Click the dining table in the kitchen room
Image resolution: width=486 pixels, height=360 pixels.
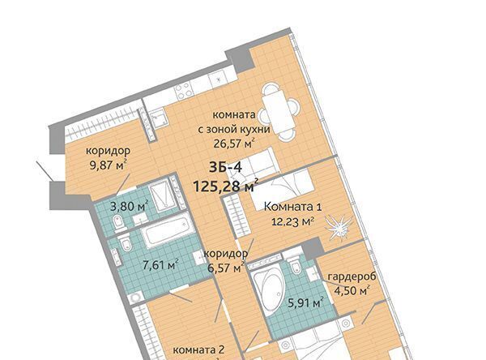278,111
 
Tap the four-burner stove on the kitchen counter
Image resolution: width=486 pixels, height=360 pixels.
184,92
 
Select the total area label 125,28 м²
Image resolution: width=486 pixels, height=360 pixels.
226,186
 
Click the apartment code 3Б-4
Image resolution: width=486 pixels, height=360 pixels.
225,168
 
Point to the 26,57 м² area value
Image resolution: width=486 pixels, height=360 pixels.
234,143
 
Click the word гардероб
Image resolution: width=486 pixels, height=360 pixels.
352,276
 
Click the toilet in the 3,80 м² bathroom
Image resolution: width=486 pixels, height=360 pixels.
119,223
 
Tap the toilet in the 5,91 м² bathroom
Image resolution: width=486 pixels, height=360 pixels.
295,265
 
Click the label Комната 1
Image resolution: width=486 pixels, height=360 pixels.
292,207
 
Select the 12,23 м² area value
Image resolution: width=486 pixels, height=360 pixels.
293,221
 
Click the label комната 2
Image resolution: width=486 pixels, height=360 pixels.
198,350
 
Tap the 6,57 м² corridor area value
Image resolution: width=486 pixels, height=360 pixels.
225,268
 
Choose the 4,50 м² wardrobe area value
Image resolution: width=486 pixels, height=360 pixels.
352,290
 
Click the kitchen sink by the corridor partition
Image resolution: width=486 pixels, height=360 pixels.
160,118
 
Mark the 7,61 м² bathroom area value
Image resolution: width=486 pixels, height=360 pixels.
160,265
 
